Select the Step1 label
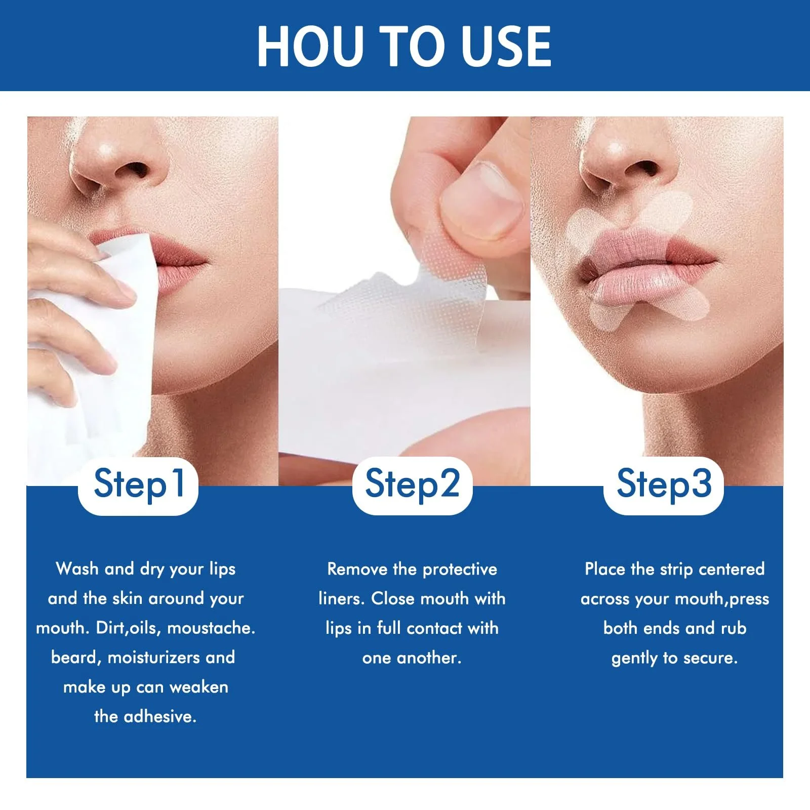(138, 484)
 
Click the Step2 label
(412, 484)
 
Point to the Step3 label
(664, 484)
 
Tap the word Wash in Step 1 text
(77, 569)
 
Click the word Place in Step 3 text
(605, 569)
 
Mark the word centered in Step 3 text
(732, 569)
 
